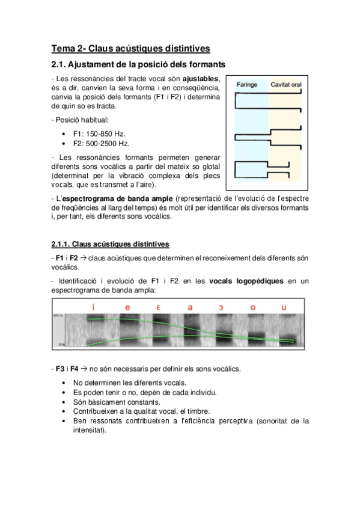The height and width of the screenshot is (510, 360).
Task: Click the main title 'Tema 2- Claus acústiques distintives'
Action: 130,49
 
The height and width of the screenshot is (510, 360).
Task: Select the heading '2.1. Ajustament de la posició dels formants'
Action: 138,64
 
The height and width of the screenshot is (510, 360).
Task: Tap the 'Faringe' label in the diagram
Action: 247,85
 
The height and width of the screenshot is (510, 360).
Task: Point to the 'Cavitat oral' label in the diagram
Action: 286,85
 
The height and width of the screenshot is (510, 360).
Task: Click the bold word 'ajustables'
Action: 200,79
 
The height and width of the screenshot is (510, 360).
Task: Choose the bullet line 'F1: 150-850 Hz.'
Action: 99,134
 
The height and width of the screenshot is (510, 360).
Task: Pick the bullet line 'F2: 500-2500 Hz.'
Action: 102,143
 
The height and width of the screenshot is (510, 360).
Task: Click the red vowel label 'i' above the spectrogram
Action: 93,307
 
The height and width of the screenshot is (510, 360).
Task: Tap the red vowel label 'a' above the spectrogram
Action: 190,307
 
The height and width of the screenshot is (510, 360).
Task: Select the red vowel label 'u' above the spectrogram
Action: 284,307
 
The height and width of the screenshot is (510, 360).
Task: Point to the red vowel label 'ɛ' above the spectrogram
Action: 158,307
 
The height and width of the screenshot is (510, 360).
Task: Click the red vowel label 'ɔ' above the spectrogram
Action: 221,307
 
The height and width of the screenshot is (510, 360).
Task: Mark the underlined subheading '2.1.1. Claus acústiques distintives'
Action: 110,244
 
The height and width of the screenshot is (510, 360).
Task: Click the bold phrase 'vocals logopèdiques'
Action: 246,281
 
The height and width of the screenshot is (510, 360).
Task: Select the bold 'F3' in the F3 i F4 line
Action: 60,369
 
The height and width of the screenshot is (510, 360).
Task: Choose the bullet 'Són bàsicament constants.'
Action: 117,402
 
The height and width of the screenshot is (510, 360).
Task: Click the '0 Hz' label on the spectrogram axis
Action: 61,344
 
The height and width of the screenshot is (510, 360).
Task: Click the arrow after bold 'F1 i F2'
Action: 83,258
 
